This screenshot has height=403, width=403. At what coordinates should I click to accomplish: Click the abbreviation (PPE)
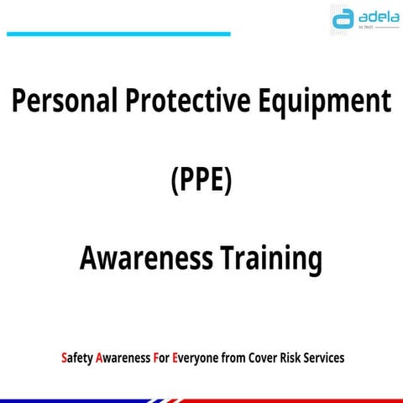pos(201,181)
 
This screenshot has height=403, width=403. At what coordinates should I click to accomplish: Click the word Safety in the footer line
pos(76,358)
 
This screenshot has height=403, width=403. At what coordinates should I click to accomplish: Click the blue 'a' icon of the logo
pos(342,18)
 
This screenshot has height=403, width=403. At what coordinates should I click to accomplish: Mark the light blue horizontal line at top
pos(118,34)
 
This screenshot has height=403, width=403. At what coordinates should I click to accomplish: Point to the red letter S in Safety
pos(64,358)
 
